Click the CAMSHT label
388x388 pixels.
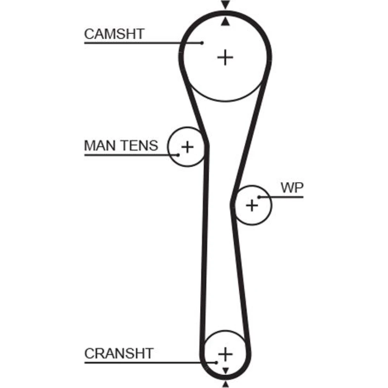pos(114,34)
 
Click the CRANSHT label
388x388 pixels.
pos(119,353)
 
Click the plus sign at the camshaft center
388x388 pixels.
pos(225,58)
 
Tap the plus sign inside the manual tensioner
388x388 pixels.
pos(187,147)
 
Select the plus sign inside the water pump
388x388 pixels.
pos(252,205)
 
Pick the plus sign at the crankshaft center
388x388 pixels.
pos(225,354)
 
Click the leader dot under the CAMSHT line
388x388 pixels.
pos(202,43)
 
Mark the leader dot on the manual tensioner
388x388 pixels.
pos(178,155)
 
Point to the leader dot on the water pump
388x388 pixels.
pos(259,197)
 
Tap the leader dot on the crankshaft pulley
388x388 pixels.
pos(217,363)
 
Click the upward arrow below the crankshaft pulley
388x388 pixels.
pos(225,384)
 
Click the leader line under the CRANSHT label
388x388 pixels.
pos(147,363)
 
